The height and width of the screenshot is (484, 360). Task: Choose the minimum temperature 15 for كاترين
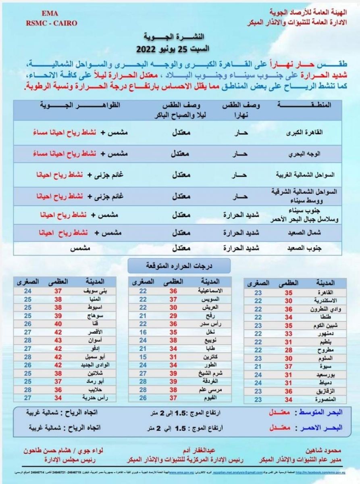pos(143,357)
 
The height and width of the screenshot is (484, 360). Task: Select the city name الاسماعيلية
pos(207,290)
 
